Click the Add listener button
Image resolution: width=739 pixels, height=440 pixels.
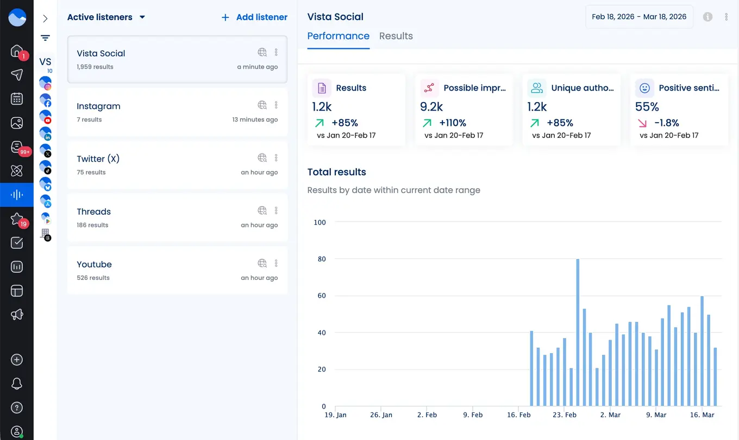(x=254, y=17)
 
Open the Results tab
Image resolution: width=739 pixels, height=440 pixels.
(x=396, y=36)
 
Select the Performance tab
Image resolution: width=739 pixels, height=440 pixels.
(x=338, y=36)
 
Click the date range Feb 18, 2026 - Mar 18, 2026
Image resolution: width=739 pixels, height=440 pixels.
(x=638, y=17)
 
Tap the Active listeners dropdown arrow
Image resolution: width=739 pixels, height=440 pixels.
(x=142, y=17)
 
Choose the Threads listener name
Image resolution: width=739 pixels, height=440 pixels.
(x=93, y=212)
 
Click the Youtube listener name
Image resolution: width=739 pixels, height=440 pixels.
(x=94, y=264)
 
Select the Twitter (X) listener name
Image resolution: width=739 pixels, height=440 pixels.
(x=98, y=159)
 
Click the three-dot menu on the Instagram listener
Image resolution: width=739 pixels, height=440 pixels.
(x=276, y=105)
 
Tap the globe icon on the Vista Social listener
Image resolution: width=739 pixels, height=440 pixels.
(x=262, y=53)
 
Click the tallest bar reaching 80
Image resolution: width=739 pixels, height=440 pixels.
(x=578, y=332)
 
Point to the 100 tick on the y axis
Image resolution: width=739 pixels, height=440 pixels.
(x=320, y=222)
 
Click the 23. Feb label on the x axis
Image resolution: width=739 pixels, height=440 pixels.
(x=564, y=415)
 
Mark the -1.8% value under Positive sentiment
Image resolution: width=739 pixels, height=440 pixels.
(x=666, y=123)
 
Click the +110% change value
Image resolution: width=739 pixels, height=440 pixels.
(x=453, y=123)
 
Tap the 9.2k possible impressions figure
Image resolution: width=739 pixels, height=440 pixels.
(x=431, y=107)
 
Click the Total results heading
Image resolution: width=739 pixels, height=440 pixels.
(x=336, y=172)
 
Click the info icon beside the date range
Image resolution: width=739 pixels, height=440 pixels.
(x=707, y=17)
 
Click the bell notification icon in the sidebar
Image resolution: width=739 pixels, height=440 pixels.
(x=17, y=384)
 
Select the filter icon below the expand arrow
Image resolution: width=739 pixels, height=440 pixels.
(x=45, y=38)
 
